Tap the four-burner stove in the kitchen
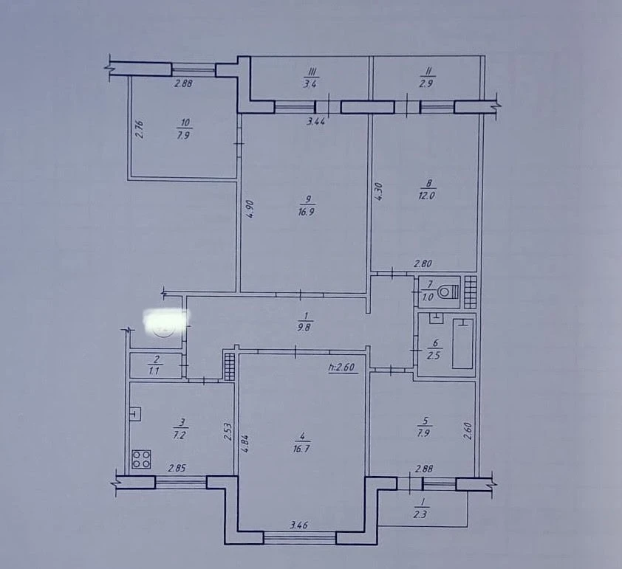[141, 459]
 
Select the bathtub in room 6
[462, 343]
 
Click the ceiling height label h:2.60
[341, 368]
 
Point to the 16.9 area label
[307, 212]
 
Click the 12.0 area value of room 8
[426, 196]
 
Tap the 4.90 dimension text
[250, 209]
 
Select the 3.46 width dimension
[298, 525]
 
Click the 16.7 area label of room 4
[301, 449]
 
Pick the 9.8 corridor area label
[304, 328]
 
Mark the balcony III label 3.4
[310, 84]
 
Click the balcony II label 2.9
[426, 83]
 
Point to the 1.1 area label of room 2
[154, 371]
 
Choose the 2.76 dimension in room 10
[139, 130]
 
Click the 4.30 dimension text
[378, 191]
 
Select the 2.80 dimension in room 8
[423, 263]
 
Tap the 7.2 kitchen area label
[180, 435]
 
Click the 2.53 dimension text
[228, 432]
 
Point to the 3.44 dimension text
[315, 121]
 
